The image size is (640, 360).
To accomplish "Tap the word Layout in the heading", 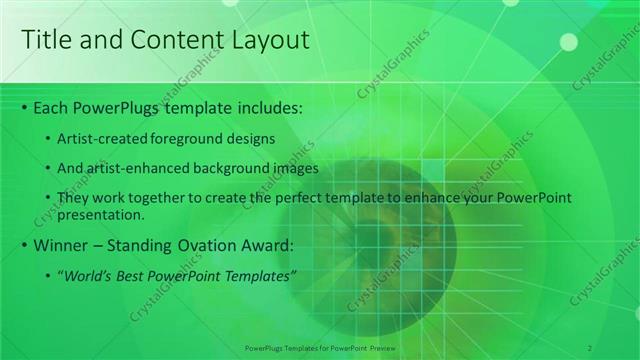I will pos(268,40).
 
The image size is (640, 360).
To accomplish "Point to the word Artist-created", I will pos(99,138).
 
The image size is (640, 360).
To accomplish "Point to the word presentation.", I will pos(100,214).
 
